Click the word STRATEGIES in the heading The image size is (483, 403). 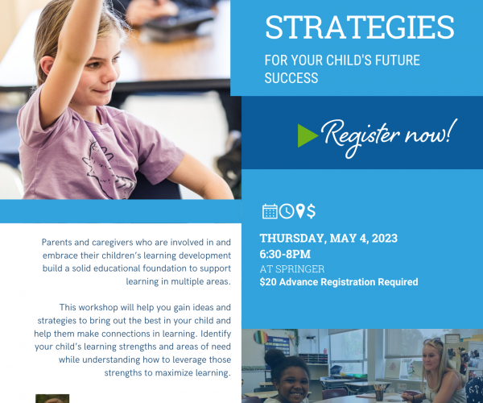click(x=360, y=27)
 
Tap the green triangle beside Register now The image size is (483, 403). click(x=308, y=135)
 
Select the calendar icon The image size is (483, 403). click(x=270, y=211)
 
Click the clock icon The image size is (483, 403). click(x=287, y=211)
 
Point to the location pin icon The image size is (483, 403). click(x=300, y=211)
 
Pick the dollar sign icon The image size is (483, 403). click(x=311, y=211)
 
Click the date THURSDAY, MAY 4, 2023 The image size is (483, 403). click(x=328, y=239)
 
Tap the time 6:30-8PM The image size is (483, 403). click(x=285, y=255)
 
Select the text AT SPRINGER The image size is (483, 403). click(x=292, y=269)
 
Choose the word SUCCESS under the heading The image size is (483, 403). click(x=291, y=78)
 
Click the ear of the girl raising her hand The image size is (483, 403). click(x=47, y=66)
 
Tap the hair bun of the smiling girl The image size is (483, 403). click(x=275, y=358)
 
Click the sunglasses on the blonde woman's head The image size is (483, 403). click(x=432, y=341)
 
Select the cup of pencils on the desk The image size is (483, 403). click(x=379, y=392)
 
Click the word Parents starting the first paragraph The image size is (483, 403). click(x=56, y=243)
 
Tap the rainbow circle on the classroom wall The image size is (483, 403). click(x=261, y=338)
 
